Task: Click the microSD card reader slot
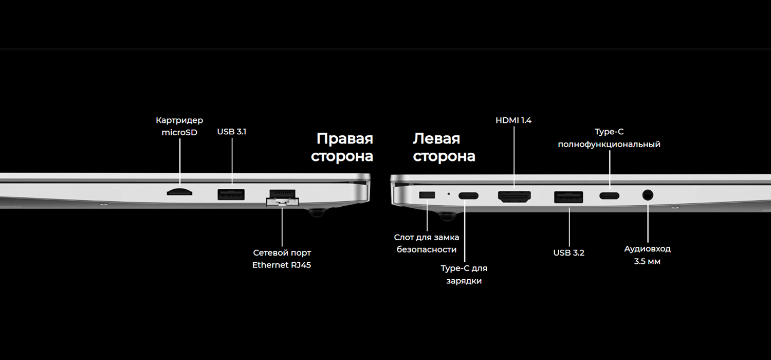click(x=179, y=192)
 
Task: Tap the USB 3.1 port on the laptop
click(x=231, y=194)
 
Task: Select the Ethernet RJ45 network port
click(x=282, y=199)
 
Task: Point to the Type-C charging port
click(x=468, y=195)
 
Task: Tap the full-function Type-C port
click(x=610, y=195)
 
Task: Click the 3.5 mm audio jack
click(x=648, y=195)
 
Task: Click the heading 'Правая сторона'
click(x=342, y=148)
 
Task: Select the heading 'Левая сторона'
click(x=444, y=148)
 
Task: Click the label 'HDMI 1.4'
click(x=513, y=120)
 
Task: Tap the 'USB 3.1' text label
click(x=231, y=132)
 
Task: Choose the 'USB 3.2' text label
click(x=568, y=253)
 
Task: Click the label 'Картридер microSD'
click(x=179, y=127)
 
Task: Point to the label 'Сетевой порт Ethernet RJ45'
click(x=282, y=259)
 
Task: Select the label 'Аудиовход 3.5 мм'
click(x=647, y=255)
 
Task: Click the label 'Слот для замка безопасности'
click(x=426, y=243)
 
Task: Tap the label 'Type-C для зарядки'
click(x=464, y=275)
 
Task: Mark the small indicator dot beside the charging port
click(x=449, y=194)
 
